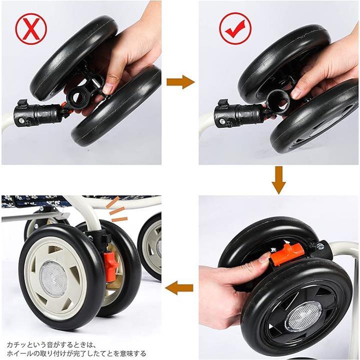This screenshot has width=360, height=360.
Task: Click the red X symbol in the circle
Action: [31, 28]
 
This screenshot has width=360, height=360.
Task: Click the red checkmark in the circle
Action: [235, 28]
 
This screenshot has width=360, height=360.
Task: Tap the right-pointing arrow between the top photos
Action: [180, 82]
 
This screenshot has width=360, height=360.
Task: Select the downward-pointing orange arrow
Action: [278, 180]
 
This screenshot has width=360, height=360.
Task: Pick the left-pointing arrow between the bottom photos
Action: [179, 287]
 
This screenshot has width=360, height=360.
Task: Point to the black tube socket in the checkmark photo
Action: [278, 101]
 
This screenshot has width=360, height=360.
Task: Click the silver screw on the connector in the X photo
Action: [21, 119]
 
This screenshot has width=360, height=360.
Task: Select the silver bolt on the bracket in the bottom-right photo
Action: [320, 246]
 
